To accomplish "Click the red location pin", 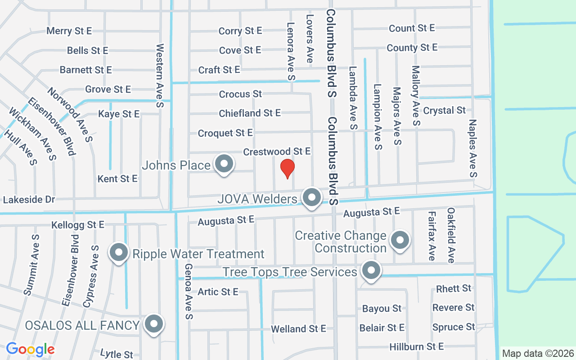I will [x=287, y=168].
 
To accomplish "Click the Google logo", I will [x=30, y=349].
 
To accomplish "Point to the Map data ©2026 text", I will [x=538, y=353].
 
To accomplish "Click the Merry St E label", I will [x=69, y=31].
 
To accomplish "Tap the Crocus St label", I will [x=240, y=94].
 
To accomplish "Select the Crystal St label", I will [x=444, y=110].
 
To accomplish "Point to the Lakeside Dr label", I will [x=29, y=199].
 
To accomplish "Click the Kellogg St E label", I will [x=78, y=225].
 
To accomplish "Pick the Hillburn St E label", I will [x=416, y=346].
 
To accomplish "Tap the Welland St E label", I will [x=298, y=329].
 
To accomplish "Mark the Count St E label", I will [x=412, y=28].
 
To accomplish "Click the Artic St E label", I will [x=218, y=292].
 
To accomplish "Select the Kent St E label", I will [x=117, y=179].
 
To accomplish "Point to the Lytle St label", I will [x=117, y=354].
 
